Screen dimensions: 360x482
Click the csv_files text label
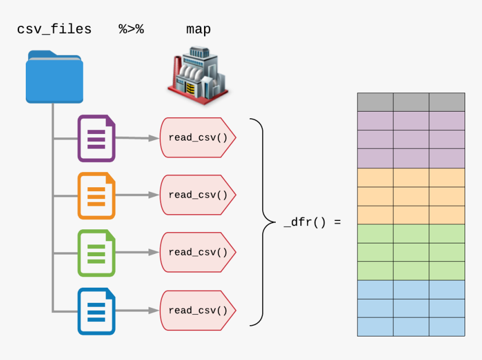pyautogui.click(x=54, y=29)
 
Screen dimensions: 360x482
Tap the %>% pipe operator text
pyautogui.click(x=131, y=29)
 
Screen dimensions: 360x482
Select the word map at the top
pyautogui.click(x=198, y=29)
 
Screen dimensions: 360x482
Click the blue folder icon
pyautogui.click(x=54, y=77)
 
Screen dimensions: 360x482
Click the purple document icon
pyautogui.click(x=96, y=138)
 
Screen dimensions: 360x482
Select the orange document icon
pyautogui.click(x=96, y=196)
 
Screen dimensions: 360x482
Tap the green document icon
pyautogui.click(x=96, y=253)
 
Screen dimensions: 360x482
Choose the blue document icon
pyautogui.click(x=96, y=311)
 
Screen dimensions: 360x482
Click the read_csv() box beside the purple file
pyautogui.click(x=198, y=137)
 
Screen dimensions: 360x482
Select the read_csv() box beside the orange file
pyautogui.click(x=198, y=195)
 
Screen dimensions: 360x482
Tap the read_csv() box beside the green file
pyautogui.click(x=198, y=252)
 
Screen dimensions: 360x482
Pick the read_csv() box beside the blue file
pyautogui.click(x=198, y=310)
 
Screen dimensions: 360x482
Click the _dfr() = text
pyautogui.click(x=312, y=221)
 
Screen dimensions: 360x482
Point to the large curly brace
pyautogui.click(x=259, y=221)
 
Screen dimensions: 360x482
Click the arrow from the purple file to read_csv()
pyautogui.click(x=137, y=138)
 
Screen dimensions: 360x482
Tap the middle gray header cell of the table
pyautogui.click(x=411, y=102)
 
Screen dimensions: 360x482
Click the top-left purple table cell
pyautogui.click(x=375, y=121)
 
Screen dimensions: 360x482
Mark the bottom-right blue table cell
pyautogui.click(x=447, y=326)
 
